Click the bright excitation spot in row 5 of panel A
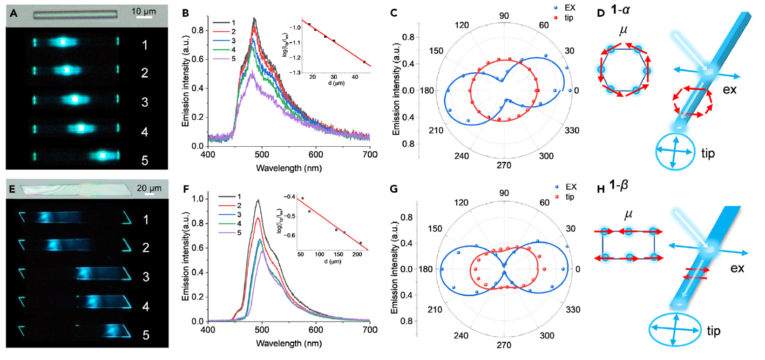click(x=102, y=155)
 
